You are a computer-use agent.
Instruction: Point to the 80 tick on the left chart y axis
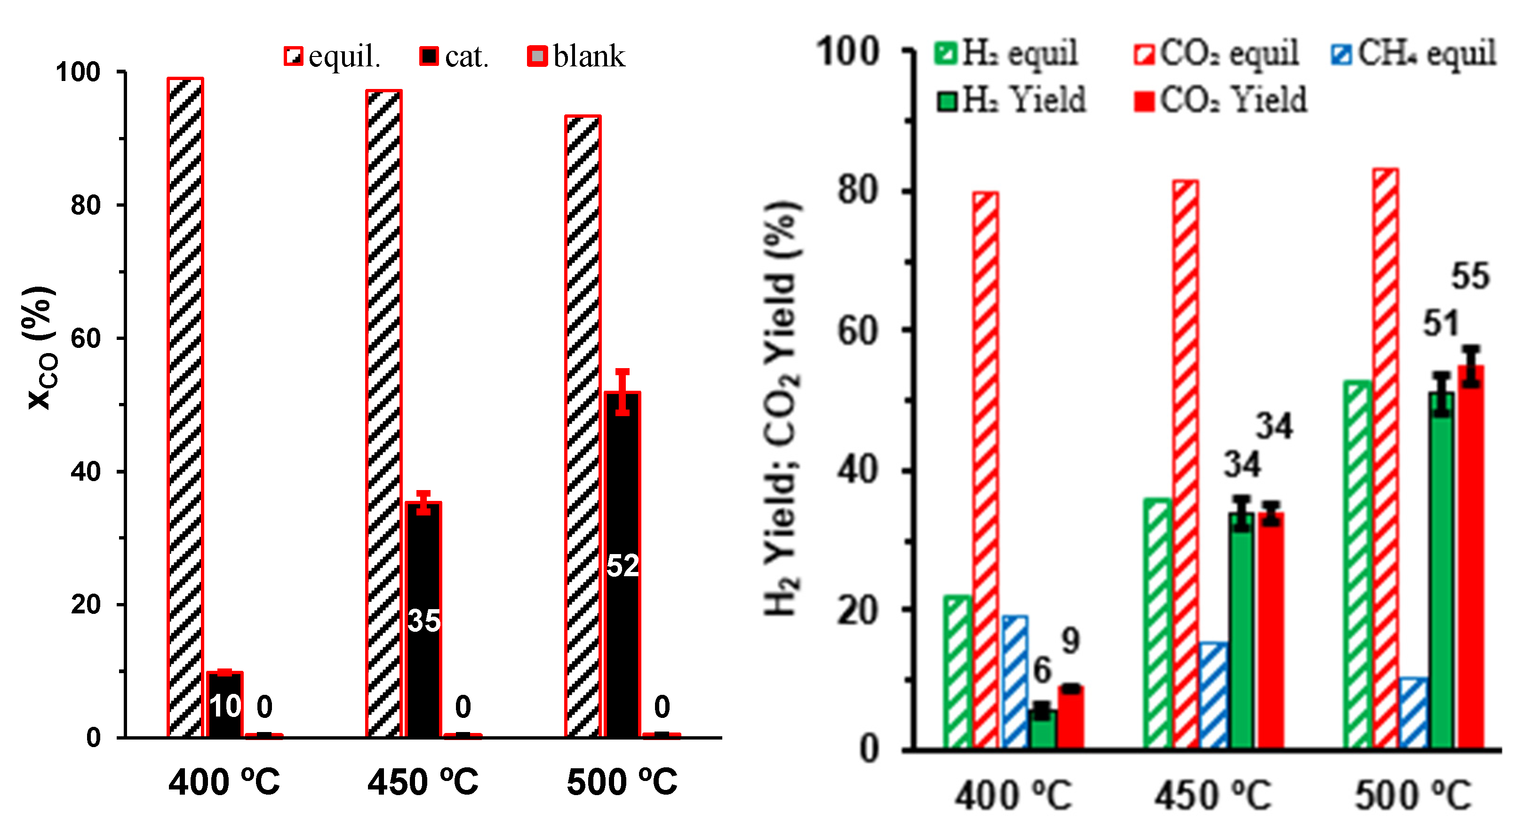(x=86, y=205)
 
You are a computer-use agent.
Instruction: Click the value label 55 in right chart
(x=1470, y=276)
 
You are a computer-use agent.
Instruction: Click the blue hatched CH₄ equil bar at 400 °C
(x=1014, y=681)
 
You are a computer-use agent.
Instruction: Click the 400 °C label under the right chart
(x=1014, y=795)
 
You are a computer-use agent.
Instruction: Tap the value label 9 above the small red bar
(x=1070, y=641)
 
